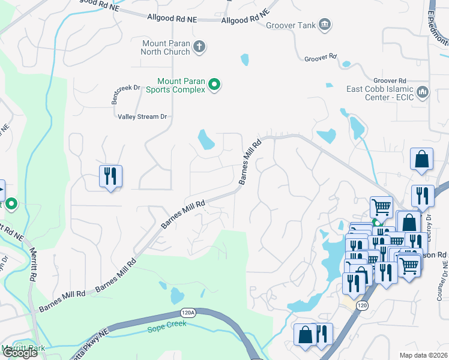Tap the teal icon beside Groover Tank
[325, 24]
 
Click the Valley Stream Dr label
[142, 117]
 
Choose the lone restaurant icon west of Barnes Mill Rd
[110, 176]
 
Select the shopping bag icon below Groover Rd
[422, 160]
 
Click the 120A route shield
[187, 314]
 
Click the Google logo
[19, 353]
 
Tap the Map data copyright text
[423, 355]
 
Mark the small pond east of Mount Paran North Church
[244, 59]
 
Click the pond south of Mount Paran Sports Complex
[206, 140]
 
